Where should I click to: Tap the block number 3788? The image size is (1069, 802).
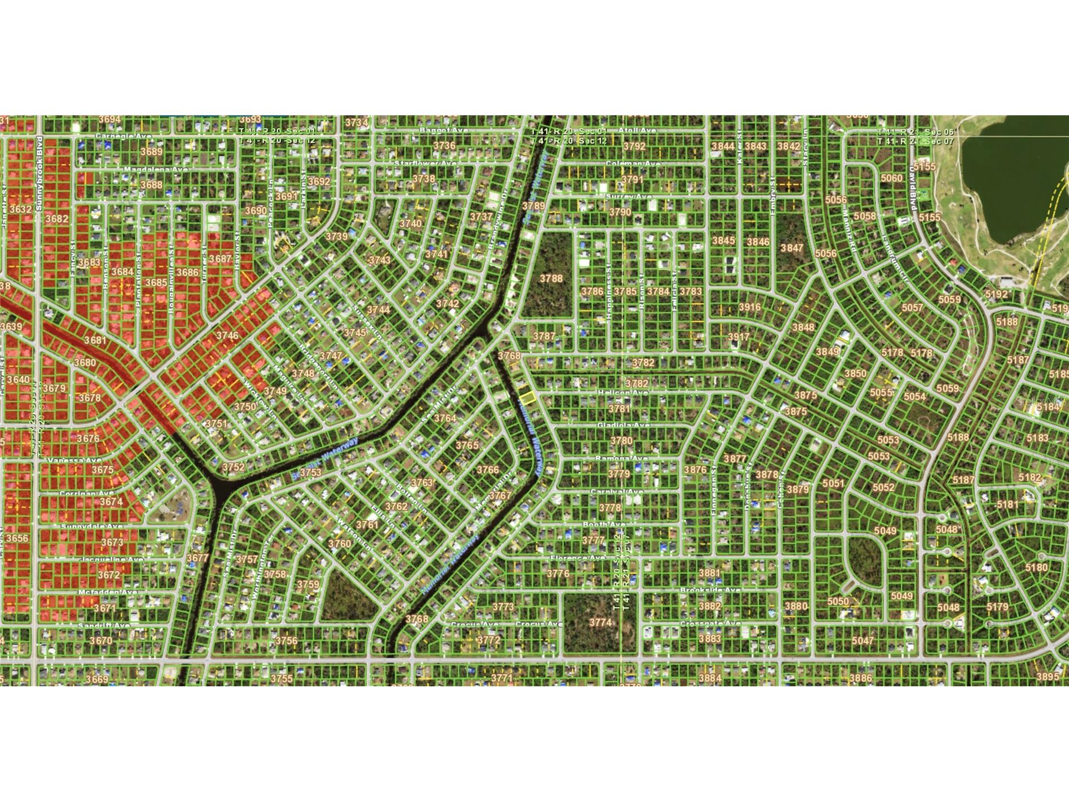click(551, 278)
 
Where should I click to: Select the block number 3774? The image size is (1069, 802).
click(600, 623)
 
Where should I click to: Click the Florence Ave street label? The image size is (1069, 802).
click(578, 558)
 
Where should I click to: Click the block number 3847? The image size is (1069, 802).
click(791, 248)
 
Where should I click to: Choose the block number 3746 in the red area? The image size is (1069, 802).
click(227, 335)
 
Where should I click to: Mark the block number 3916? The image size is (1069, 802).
click(749, 307)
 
